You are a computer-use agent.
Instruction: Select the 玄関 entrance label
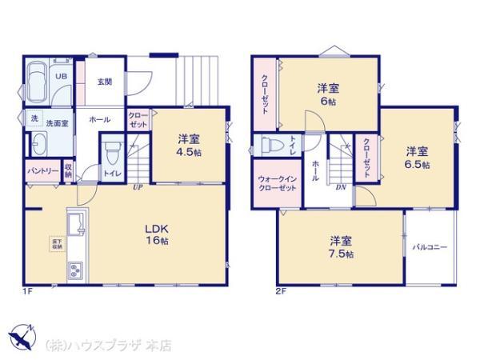[x=105, y=82]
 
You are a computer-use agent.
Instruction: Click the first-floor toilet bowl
[x=112, y=152]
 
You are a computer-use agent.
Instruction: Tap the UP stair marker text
[x=137, y=190]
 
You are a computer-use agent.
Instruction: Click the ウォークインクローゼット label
[x=277, y=183]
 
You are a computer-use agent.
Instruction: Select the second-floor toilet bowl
[x=270, y=146]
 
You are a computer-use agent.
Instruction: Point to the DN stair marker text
[x=340, y=190]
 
